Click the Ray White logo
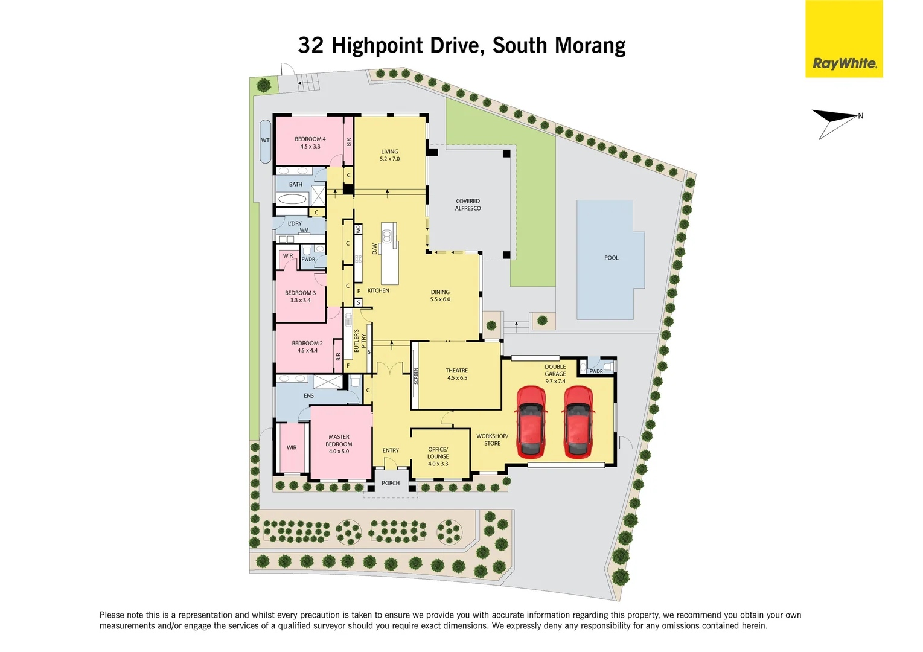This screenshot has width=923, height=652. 844,63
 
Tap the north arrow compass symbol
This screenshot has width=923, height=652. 837,121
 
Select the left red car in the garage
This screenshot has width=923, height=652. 531,421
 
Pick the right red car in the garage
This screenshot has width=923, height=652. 578,421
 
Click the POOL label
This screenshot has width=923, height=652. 611,258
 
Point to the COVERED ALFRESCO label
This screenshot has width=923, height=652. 468,205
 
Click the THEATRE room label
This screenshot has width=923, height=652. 456,371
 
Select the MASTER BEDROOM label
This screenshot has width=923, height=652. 339,441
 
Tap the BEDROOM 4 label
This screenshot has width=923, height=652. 310,139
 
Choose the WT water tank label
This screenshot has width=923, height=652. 265,140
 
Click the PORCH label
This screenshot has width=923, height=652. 391,483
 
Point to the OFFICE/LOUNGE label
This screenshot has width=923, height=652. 438,453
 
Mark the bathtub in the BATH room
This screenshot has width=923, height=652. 292,199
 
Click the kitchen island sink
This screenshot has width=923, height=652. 387,235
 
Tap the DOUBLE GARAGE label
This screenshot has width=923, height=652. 555,370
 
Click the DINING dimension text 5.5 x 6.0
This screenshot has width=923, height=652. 440,299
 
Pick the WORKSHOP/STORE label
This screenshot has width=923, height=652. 492,439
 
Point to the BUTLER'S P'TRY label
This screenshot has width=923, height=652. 360,341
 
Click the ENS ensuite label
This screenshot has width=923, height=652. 308,396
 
